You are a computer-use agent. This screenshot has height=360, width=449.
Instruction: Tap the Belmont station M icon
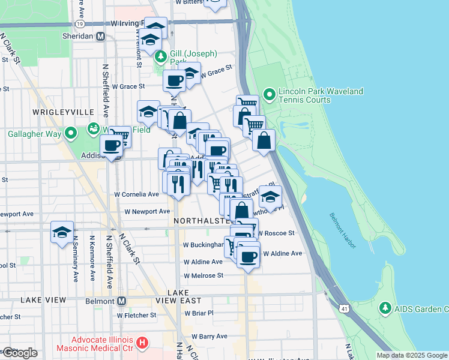coord(122,301)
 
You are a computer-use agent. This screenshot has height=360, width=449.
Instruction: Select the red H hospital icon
coord(142,343)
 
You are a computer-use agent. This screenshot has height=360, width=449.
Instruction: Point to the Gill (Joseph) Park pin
coord(160,57)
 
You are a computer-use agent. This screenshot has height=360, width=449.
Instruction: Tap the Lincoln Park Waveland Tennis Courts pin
coord(269,95)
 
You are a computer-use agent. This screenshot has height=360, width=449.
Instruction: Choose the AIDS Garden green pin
coord(385,308)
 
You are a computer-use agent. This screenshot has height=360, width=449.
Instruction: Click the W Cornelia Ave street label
coord(137,194)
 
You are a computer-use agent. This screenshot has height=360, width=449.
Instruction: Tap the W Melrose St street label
coord(203,275)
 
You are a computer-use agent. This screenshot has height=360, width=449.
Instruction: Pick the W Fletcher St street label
coord(136,315)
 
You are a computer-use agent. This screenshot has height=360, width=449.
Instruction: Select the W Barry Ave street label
coord(206,337)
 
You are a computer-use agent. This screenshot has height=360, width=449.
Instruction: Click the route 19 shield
coord(80,23)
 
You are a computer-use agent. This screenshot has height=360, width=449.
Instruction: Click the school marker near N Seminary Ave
coord(62,232)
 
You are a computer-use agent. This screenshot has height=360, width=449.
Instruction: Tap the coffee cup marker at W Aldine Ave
coord(248,257)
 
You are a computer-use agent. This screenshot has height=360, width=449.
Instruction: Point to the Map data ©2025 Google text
coord(412,355)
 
